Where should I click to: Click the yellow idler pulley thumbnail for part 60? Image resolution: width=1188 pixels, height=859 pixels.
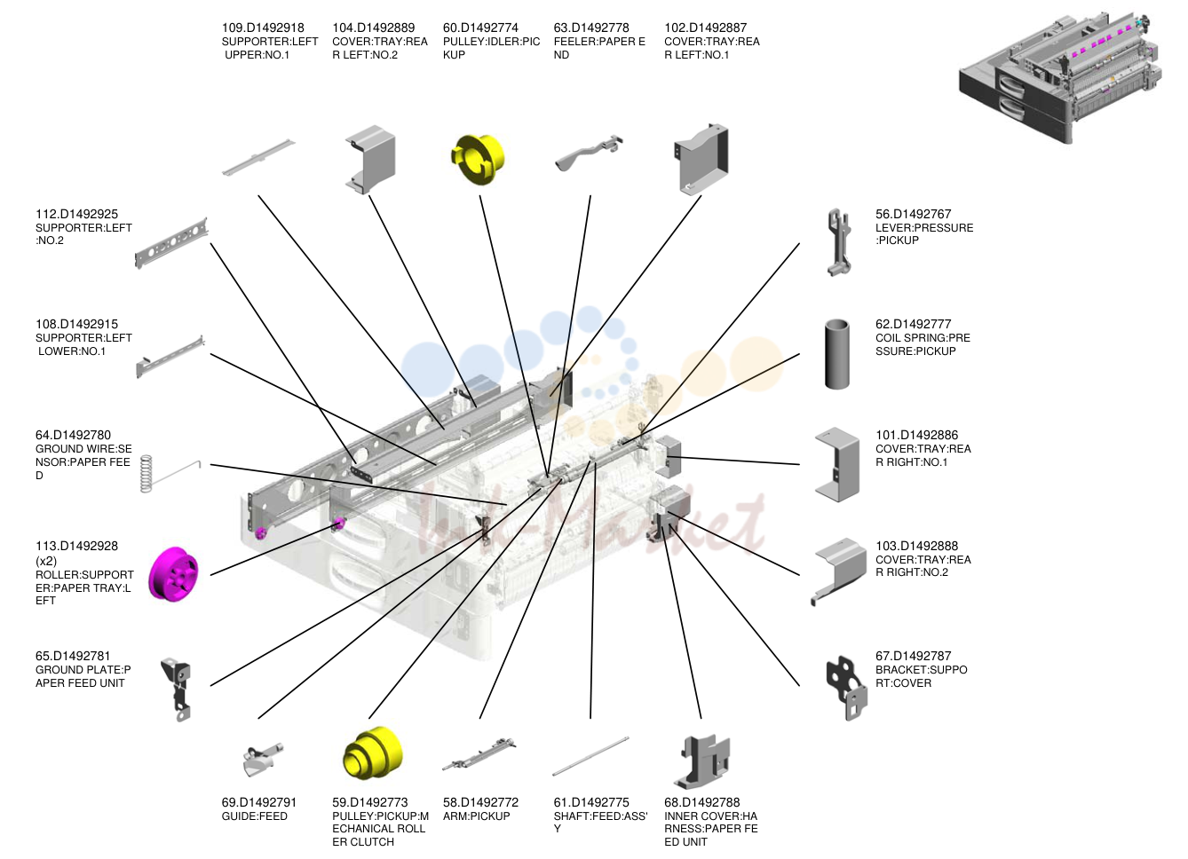point(478,159)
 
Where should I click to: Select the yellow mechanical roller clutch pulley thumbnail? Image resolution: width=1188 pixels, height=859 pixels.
point(372,753)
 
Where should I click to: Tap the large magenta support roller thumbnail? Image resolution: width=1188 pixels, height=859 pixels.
point(173,574)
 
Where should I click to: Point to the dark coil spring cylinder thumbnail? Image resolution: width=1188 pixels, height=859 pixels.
point(837,354)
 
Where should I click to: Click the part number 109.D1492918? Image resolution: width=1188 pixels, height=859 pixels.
point(263,28)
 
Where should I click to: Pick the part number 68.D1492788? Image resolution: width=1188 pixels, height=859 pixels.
point(701,802)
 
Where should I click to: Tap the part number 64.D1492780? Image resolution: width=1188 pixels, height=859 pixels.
point(73,435)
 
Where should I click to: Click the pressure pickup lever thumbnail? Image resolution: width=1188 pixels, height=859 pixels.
point(838,242)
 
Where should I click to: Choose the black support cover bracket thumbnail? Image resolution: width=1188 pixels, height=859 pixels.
point(846,688)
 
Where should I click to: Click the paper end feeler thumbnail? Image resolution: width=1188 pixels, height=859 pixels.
point(589,153)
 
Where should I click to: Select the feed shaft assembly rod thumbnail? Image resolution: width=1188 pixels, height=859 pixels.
point(590,756)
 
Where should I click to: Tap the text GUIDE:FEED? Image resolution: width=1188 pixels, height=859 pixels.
point(255,816)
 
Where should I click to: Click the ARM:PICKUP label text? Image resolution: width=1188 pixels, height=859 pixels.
point(476,816)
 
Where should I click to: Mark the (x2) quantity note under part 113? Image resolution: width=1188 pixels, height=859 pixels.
point(46,561)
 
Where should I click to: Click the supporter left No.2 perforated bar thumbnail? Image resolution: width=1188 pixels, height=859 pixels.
point(171,243)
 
